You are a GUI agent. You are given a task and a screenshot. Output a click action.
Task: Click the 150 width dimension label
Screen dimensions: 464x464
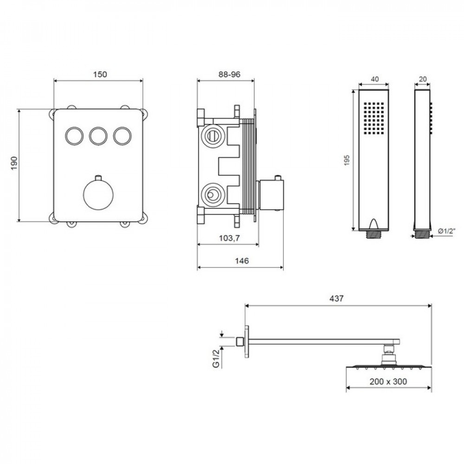(x=100, y=74)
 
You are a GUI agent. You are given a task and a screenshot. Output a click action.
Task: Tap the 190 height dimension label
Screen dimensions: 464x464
(x=14, y=163)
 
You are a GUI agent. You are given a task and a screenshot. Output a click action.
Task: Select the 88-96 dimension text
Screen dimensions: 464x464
(x=229, y=74)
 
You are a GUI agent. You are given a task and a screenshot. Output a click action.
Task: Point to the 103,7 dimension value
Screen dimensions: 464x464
(x=229, y=238)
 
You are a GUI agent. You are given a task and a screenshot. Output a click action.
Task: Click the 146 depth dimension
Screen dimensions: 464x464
(x=242, y=261)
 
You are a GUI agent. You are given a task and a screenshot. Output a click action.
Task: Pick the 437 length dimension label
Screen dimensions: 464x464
(x=337, y=298)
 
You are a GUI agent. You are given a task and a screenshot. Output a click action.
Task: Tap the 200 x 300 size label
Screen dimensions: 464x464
(x=388, y=381)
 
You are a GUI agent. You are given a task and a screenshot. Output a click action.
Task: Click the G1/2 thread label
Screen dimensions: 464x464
(x=217, y=358)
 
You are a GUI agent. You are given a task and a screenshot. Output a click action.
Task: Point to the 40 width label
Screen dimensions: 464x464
(x=374, y=79)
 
